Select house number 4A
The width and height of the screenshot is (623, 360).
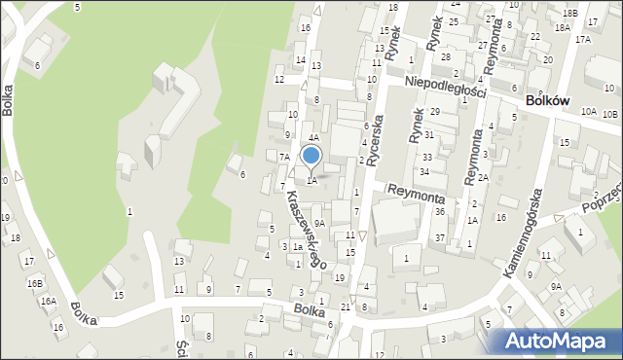tap(314, 139)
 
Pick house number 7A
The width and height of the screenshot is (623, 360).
tap(284, 157)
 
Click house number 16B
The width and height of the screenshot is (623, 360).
tap(35, 283)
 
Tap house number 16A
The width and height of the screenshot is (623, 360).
tap(48, 302)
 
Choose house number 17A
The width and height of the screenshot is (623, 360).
tap(582, 40)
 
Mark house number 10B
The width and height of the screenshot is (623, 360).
tap(609, 115)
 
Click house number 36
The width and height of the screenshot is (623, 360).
tap(440, 212)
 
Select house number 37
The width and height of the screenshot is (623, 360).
tap(440, 238)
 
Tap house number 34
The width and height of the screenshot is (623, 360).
tap(424, 172)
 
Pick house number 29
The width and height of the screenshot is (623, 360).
tap(435, 113)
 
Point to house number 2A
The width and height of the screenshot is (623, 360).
tap(483, 178)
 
